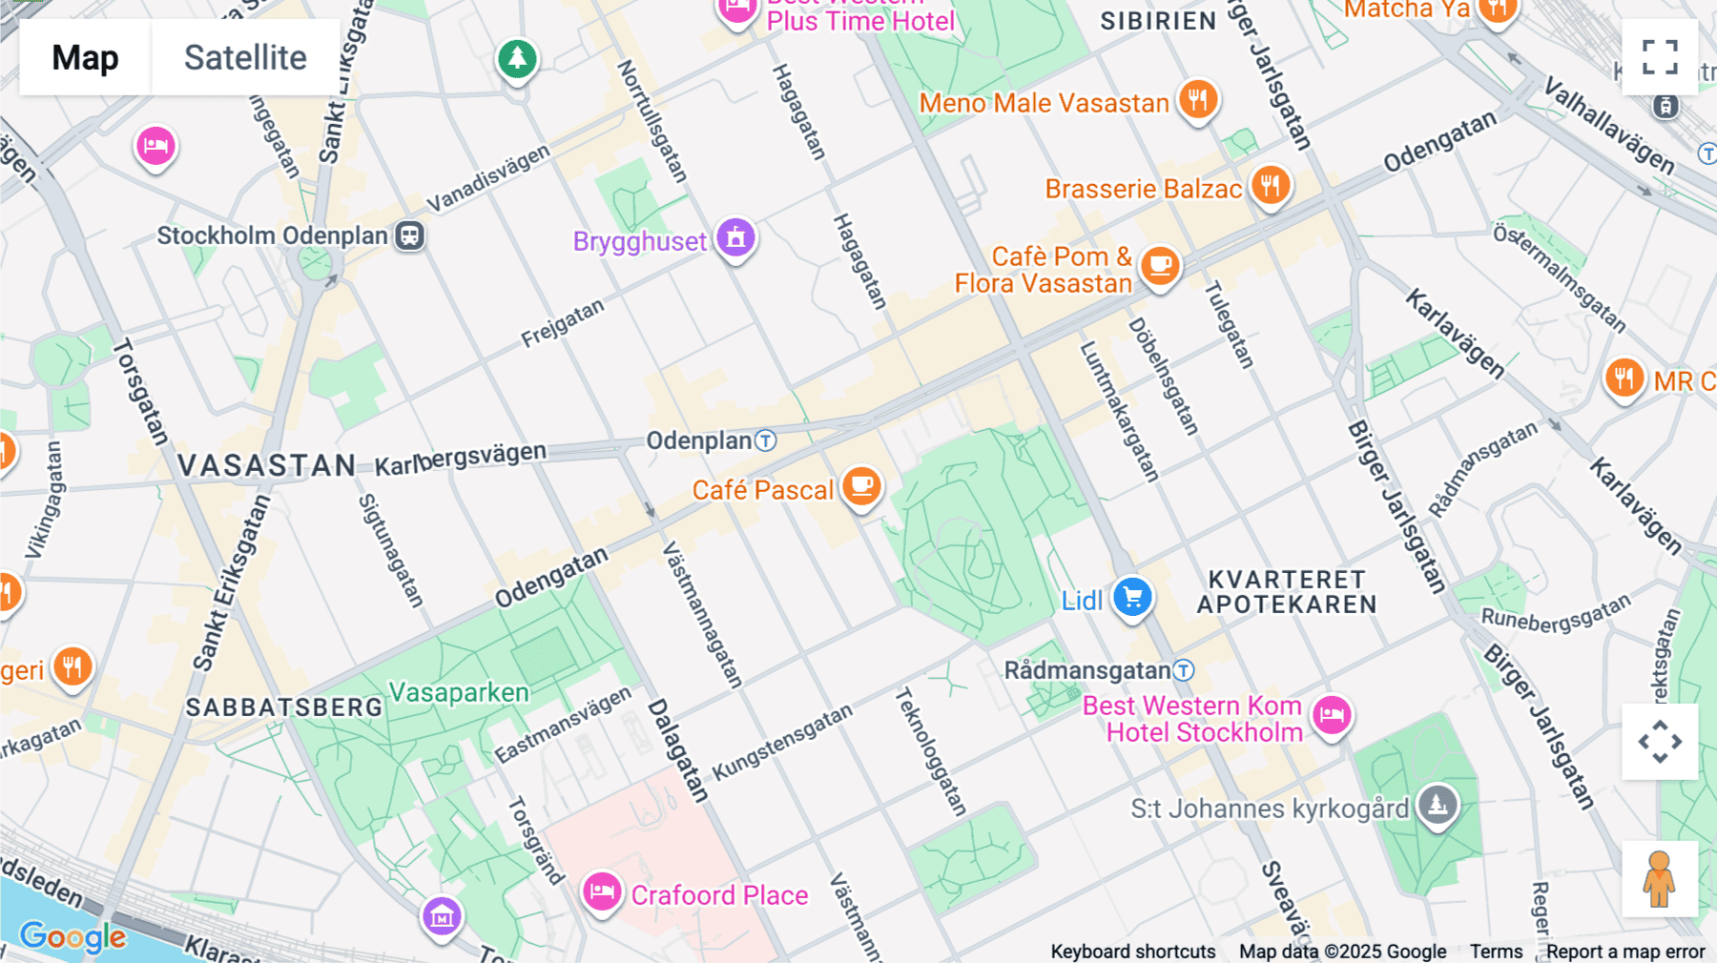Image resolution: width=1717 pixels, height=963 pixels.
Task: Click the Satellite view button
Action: pyautogui.click(x=245, y=57)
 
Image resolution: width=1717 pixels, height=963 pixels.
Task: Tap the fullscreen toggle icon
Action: pyautogui.click(x=1660, y=57)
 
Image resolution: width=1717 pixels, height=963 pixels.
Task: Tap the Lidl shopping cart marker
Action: pyautogui.click(x=1132, y=599)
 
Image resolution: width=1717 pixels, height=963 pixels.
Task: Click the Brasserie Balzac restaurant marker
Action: pyautogui.click(x=1270, y=186)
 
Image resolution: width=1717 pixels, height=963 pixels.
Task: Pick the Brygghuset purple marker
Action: pyautogui.click(x=735, y=238)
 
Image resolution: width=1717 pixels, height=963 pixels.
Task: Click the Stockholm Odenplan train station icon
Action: pyautogui.click(x=410, y=236)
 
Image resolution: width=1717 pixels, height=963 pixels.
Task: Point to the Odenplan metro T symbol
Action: pyautogui.click(x=766, y=441)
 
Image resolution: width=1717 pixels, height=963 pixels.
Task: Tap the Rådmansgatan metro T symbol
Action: pyautogui.click(x=1184, y=670)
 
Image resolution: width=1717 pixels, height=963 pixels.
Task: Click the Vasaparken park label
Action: pyautogui.click(x=459, y=692)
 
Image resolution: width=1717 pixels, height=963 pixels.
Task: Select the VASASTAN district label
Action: pyautogui.click(x=266, y=465)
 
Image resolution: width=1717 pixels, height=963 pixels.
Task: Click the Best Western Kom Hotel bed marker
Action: pyautogui.click(x=1332, y=715)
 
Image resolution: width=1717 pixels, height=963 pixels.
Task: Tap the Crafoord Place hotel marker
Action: pyautogui.click(x=602, y=892)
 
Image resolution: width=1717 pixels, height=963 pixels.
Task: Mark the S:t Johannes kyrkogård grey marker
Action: pyautogui.click(x=1438, y=806)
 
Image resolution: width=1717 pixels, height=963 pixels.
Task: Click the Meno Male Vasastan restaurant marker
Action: pyautogui.click(x=1197, y=100)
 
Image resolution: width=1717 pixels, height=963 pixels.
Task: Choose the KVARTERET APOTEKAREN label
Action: pyautogui.click(x=1287, y=592)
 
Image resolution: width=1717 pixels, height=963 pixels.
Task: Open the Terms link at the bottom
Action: pyautogui.click(x=1496, y=952)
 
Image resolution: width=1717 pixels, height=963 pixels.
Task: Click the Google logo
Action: pyautogui.click(x=72, y=936)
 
